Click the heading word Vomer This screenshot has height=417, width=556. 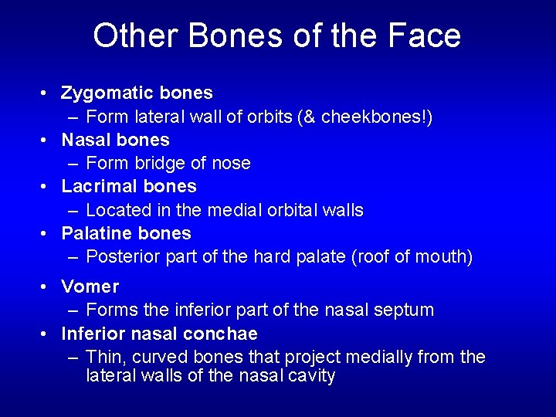pyautogui.click(x=90, y=286)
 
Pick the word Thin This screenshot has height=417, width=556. pyautogui.click(x=103, y=357)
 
